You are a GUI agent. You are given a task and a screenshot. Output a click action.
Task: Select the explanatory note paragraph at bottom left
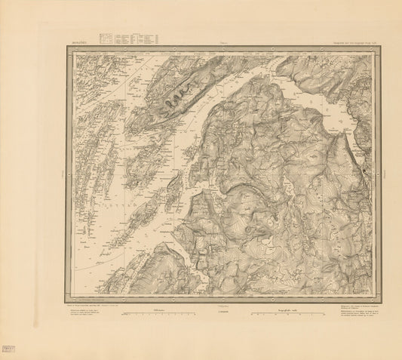point(92,314)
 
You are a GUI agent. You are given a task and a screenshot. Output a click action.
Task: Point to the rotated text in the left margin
point(60,174)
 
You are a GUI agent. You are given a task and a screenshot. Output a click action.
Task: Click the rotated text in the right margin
point(386,174)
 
